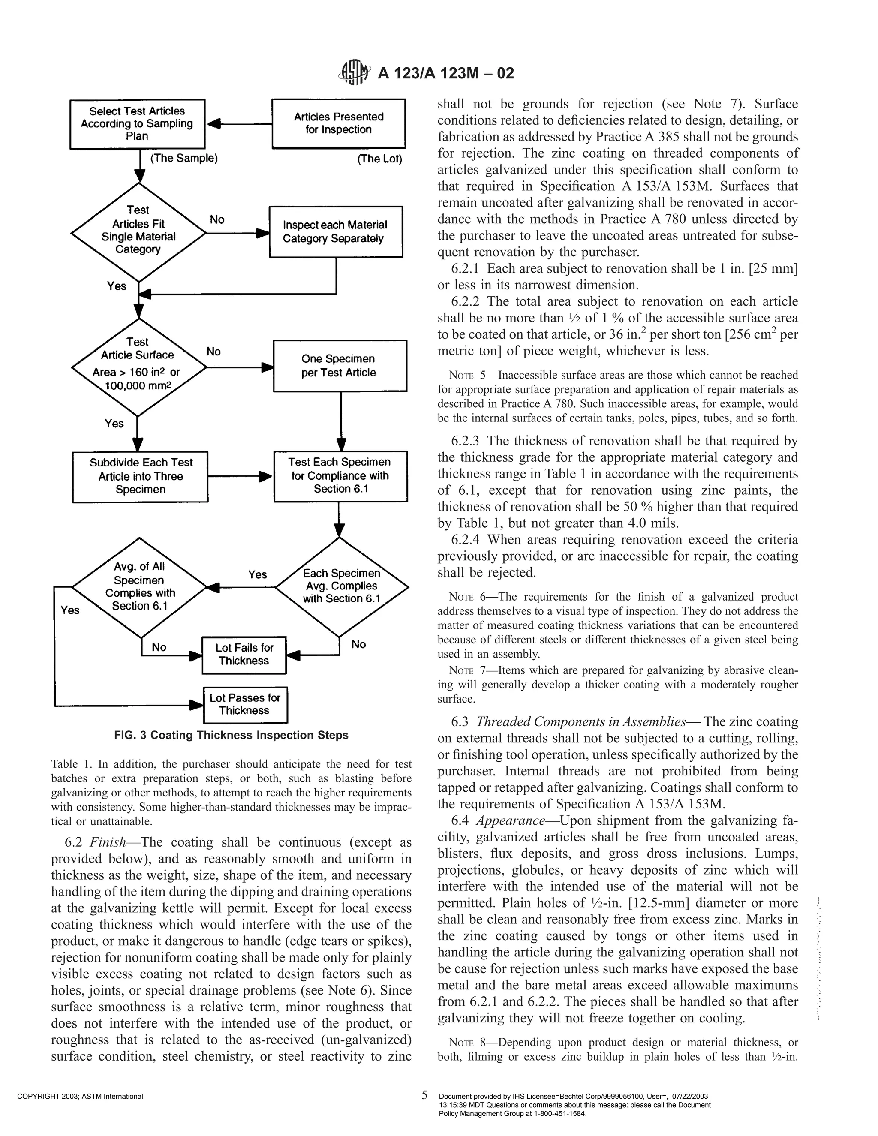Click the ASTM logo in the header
354,72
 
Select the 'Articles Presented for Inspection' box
339,123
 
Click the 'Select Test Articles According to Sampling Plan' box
137,124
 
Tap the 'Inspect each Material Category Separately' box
336,232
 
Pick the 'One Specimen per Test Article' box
340,366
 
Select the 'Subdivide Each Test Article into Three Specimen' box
141,476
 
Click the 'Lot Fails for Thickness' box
244,654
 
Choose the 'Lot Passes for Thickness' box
245,704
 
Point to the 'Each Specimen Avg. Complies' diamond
341,586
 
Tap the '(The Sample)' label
183,158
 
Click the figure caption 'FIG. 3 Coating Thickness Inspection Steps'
232,735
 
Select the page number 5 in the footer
424,1095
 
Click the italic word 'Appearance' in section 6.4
510,820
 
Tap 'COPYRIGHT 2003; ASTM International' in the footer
80,1097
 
